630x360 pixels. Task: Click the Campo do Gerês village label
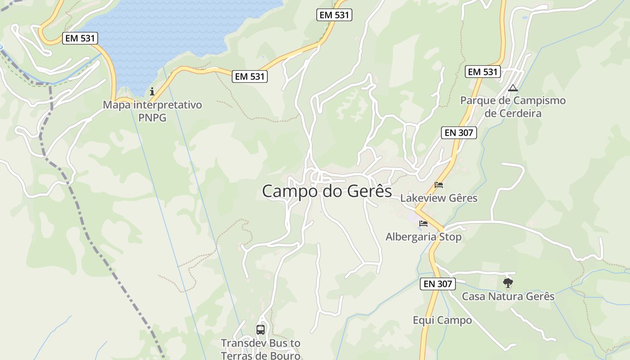click(327, 191)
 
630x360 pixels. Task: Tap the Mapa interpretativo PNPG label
click(153, 111)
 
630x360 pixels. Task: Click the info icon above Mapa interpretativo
click(152, 92)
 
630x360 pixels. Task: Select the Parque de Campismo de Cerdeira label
click(513, 107)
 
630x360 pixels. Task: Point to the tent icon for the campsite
click(513, 88)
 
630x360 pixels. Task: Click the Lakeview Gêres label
click(439, 198)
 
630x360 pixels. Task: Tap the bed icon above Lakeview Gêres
click(439, 184)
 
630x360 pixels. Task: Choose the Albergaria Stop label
click(423, 237)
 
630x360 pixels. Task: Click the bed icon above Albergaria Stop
click(423, 223)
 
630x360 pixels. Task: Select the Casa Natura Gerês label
click(508, 297)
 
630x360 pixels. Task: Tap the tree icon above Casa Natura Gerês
click(508, 283)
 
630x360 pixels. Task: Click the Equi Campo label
click(442, 320)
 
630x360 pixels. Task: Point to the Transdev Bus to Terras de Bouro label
click(261, 349)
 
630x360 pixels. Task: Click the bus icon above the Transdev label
click(261, 330)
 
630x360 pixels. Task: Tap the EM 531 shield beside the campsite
click(483, 72)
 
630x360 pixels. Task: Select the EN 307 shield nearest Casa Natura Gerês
click(438, 284)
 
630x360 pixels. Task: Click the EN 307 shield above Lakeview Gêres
click(459, 132)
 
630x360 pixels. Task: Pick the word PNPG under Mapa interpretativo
click(153, 118)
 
